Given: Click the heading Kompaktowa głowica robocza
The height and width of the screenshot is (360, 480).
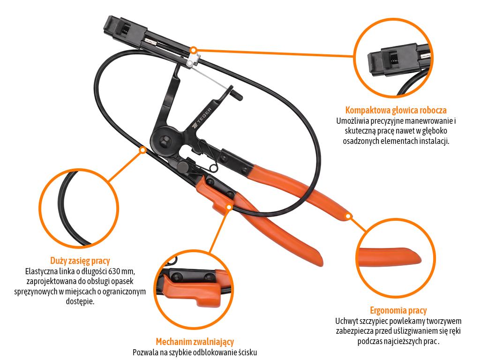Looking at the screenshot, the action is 396,110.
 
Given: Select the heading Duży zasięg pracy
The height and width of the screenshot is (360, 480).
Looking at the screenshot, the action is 80,261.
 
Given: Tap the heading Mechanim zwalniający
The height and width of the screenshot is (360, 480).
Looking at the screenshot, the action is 195,342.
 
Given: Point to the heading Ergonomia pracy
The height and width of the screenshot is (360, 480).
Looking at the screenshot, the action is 398,310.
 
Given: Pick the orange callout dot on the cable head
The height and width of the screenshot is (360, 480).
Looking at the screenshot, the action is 193,50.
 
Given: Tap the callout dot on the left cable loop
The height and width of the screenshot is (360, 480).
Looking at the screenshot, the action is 142,150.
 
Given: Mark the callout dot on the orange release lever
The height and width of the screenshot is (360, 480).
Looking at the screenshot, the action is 229,207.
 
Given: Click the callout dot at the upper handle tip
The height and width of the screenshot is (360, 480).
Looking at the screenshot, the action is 348,216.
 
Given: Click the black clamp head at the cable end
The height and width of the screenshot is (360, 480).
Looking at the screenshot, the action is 124,29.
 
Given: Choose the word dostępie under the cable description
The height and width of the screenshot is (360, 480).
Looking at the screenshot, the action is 80,301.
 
